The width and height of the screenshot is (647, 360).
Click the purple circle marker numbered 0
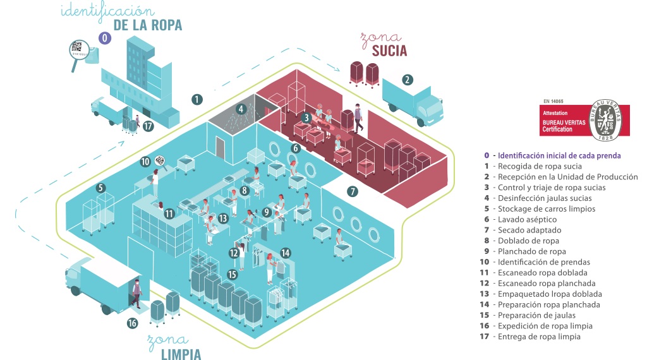[106, 38]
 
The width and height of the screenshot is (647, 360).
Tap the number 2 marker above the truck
[408, 80]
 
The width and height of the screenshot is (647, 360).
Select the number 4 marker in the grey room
[241, 109]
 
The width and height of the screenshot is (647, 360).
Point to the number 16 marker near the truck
[132, 323]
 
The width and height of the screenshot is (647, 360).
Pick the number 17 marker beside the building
[148, 126]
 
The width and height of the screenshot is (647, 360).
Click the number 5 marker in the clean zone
[100, 188]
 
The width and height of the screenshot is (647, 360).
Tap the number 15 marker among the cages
[232, 274]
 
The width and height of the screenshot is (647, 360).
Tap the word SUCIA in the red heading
[389, 51]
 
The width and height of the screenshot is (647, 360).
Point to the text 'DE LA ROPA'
[147, 25]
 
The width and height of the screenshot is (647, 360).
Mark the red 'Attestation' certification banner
[564, 120]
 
